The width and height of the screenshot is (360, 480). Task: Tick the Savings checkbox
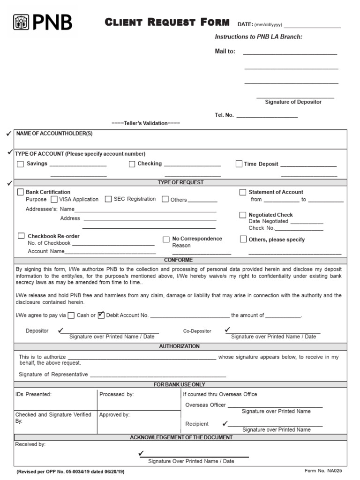(20, 164)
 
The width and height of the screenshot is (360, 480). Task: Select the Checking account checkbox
(132, 164)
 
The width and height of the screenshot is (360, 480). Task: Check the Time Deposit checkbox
(239, 164)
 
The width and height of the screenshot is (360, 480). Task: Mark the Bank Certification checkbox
(21, 192)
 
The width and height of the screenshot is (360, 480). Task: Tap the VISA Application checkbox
(54, 199)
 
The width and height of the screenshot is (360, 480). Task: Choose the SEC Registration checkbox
(108, 199)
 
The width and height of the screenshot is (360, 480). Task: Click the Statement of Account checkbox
(243, 192)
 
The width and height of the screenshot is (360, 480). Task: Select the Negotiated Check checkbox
(243, 215)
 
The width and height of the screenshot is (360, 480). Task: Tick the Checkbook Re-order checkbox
(21, 236)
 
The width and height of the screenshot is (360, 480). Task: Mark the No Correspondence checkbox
(166, 240)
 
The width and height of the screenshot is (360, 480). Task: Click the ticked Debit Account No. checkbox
(101, 315)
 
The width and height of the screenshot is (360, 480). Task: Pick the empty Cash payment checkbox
(71, 315)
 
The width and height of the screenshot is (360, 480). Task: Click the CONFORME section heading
(178, 260)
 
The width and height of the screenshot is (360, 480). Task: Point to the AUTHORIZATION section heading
(180, 346)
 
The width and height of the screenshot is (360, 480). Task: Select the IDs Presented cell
(55, 399)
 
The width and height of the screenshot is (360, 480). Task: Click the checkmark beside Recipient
(225, 423)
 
